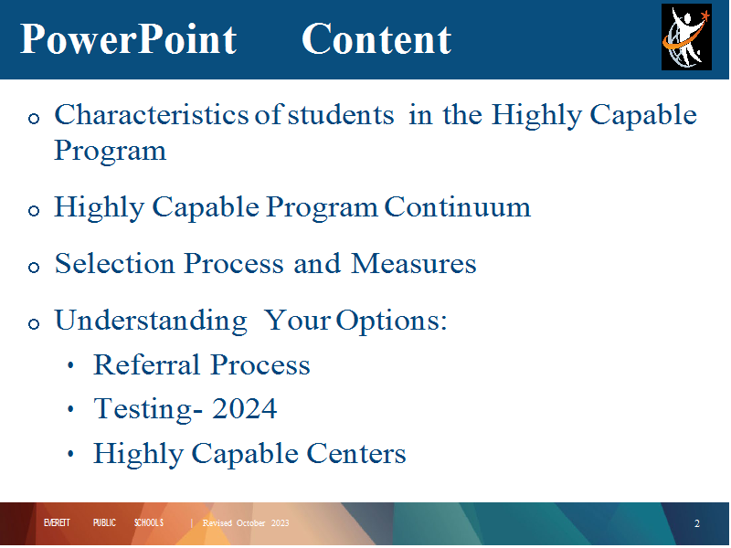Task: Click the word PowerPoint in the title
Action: pyautogui.click(x=129, y=39)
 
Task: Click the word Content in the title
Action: pyautogui.click(x=376, y=39)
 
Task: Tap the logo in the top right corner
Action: pyautogui.click(x=686, y=37)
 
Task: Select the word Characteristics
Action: pyautogui.click(x=152, y=115)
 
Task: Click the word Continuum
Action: pyautogui.click(x=458, y=207)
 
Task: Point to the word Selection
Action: pyautogui.click(x=115, y=263)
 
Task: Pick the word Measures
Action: pyautogui.click(x=414, y=263)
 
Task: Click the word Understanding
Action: pyautogui.click(x=151, y=321)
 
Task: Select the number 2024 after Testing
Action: pyautogui.click(x=244, y=408)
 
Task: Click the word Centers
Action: pyautogui.click(x=356, y=453)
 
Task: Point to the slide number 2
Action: pyautogui.click(x=697, y=523)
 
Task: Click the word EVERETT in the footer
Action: pyautogui.click(x=57, y=522)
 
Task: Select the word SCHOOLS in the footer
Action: pyautogui.click(x=149, y=522)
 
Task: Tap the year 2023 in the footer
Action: pyautogui.click(x=281, y=522)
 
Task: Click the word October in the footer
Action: pyautogui.click(x=250, y=522)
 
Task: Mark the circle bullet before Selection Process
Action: pyautogui.click(x=34, y=268)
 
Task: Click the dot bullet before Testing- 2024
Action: pyautogui.click(x=70, y=409)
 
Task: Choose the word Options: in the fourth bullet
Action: pyautogui.click(x=392, y=321)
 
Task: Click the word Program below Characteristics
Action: pyautogui.click(x=110, y=152)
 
